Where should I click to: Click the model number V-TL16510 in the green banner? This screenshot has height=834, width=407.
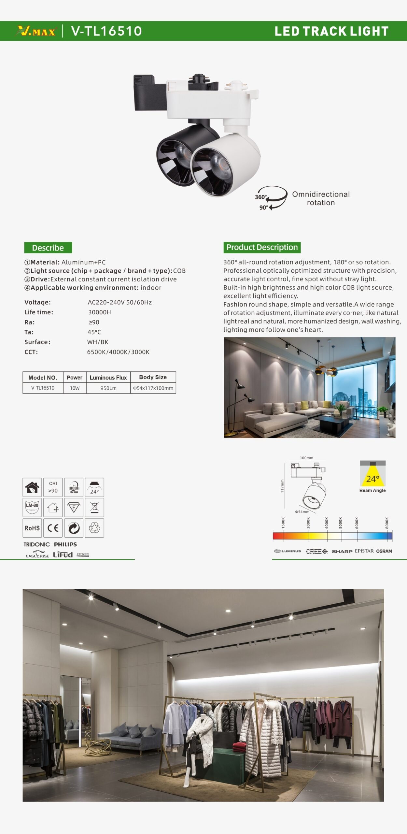pyautogui.click(x=106, y=31)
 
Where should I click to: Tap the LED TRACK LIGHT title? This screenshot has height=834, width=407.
pyautogui.click(x=331, y=31)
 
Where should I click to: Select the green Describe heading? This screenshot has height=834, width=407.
pyautogui.click(x=48, y=248)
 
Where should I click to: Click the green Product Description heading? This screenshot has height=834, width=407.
pyautogui.click(x=262, y=247)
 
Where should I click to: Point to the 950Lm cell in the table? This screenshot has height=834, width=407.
pyautogui.click(x=108, y=388)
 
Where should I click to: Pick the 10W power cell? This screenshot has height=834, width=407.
pyautogui.click(x=75, y=388)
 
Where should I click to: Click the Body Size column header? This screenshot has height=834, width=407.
pyautogui.click(x=153, y=377)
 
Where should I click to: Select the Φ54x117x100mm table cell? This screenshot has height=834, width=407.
pyautogui.click(x=153, y=388)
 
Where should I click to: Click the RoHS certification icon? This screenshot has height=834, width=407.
pyautogui.click(x=32, y=528)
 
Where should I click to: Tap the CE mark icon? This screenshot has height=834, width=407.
pyautogui.click(x=53, y=528)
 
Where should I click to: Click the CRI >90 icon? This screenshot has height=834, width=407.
pyautogui.click(x=53, y=487)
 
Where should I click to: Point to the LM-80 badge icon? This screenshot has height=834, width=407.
pyautogui.click(x=32, y=507)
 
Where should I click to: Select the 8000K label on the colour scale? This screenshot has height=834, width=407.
pyautogui.click(x=387, y=523)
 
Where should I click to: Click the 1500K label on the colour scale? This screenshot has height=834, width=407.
pyautogui.click(x=283, y=523)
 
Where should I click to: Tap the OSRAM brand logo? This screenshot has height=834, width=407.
pyautogui.click(x=384, y=551)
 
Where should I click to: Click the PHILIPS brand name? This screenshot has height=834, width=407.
pyautogui.click(x=65, y=544)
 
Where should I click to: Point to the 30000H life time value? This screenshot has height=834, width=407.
pyautogui.click(x=100, y=312)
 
